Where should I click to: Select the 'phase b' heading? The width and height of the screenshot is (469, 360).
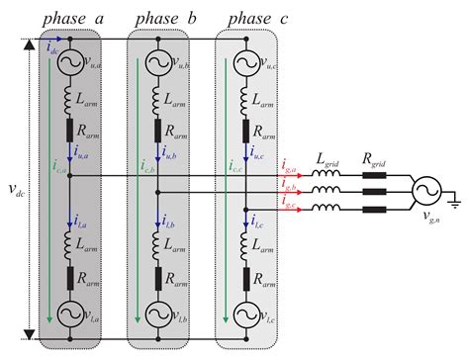157,18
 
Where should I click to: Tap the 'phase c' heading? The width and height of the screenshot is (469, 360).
247,18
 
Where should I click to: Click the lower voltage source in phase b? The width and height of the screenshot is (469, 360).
157,314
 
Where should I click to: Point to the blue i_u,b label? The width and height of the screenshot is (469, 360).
170,154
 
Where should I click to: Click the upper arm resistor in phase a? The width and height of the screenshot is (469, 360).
68,130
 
